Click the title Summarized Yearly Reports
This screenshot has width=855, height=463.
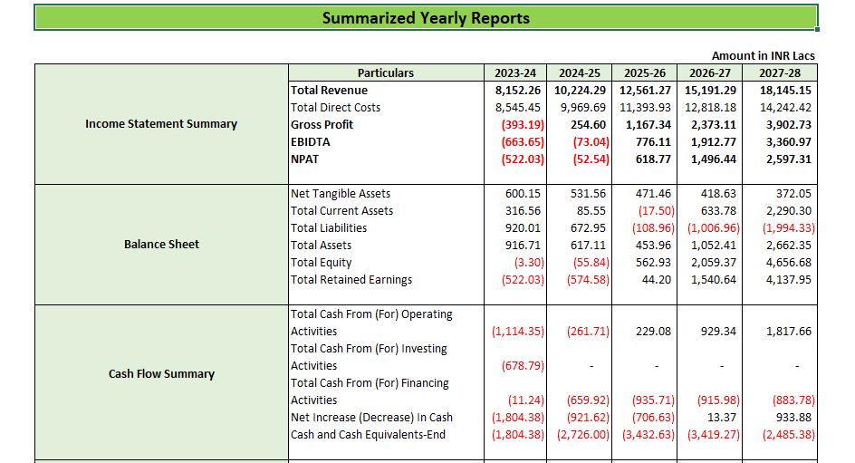click(x=426, y=18)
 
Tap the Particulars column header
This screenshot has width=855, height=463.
click(x=385, y=73)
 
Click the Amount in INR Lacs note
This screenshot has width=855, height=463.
click(x=763, y=56)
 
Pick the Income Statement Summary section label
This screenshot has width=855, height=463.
click(x=161, y=124)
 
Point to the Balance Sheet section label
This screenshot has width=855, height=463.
click(x=161, y=245)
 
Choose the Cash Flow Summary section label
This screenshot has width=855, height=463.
click(x=161, y=374)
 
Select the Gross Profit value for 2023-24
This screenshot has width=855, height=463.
click(x=518, y=125)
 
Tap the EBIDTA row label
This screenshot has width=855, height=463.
click(x=311, y=142)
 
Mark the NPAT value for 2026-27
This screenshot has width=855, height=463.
click(x=711, y=159)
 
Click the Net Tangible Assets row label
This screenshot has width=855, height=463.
click(x=341, y=194)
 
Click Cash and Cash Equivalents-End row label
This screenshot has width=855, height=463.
click(x=368, y=435)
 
